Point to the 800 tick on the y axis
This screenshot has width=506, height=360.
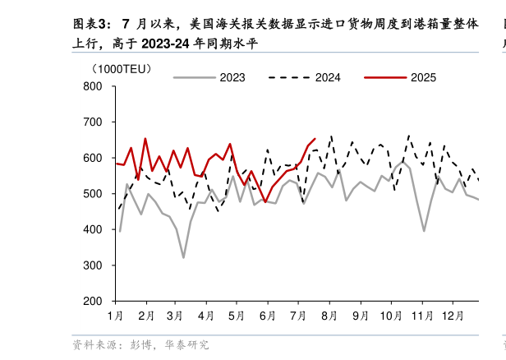92,86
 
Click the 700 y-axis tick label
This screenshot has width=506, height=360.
92,122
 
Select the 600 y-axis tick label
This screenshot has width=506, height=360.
92,158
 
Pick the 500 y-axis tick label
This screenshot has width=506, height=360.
92,194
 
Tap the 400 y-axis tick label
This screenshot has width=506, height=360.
92,230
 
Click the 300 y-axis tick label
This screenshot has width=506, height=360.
92,265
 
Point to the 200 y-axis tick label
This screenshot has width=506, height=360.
92,302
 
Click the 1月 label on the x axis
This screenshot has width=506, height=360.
115,316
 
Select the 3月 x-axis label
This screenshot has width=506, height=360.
175,316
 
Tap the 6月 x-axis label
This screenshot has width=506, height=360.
267,316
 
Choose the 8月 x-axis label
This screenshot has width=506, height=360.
329,316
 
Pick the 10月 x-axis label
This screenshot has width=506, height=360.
390,316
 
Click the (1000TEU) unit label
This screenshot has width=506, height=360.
122,69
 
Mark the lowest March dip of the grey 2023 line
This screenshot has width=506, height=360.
183,257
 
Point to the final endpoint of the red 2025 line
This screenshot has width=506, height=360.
315,139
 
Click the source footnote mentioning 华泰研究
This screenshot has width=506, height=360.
140,345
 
